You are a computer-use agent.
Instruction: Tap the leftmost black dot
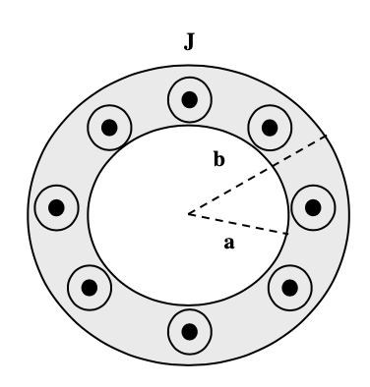point(56,207)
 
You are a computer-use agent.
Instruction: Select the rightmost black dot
point(313,207)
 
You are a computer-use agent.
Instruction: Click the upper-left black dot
point(107,127)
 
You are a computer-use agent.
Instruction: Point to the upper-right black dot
point(266,125)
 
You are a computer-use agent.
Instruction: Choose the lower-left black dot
point(90,288)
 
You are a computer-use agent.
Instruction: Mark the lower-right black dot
point(288,288)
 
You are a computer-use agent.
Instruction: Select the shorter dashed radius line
point(236,223)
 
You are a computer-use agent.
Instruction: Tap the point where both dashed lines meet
point(186,212)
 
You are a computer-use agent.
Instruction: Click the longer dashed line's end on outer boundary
point(326,137)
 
